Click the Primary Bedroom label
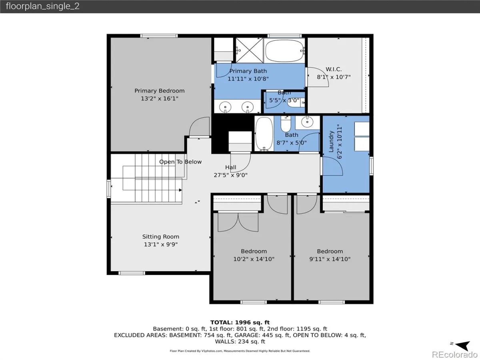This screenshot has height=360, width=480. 160,91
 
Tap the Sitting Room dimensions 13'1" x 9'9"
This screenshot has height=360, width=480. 161,244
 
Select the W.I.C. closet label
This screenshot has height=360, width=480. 334,69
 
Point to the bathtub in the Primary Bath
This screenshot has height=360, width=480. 284,51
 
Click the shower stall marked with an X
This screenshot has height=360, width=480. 249,50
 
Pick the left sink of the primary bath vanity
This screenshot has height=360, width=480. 225,107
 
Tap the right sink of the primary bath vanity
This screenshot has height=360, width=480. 248,107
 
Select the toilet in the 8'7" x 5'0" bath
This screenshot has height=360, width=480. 286,124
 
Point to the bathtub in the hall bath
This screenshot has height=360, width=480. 264,134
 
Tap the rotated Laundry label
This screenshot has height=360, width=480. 331,142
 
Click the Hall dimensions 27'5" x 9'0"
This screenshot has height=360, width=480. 230,175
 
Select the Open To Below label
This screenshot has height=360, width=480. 180,162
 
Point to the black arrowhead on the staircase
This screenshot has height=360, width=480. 180,190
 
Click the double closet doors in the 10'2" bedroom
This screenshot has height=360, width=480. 238,222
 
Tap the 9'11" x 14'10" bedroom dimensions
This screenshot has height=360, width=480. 330,259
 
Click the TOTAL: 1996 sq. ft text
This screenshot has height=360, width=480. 240,322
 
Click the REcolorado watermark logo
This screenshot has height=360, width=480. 455,354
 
